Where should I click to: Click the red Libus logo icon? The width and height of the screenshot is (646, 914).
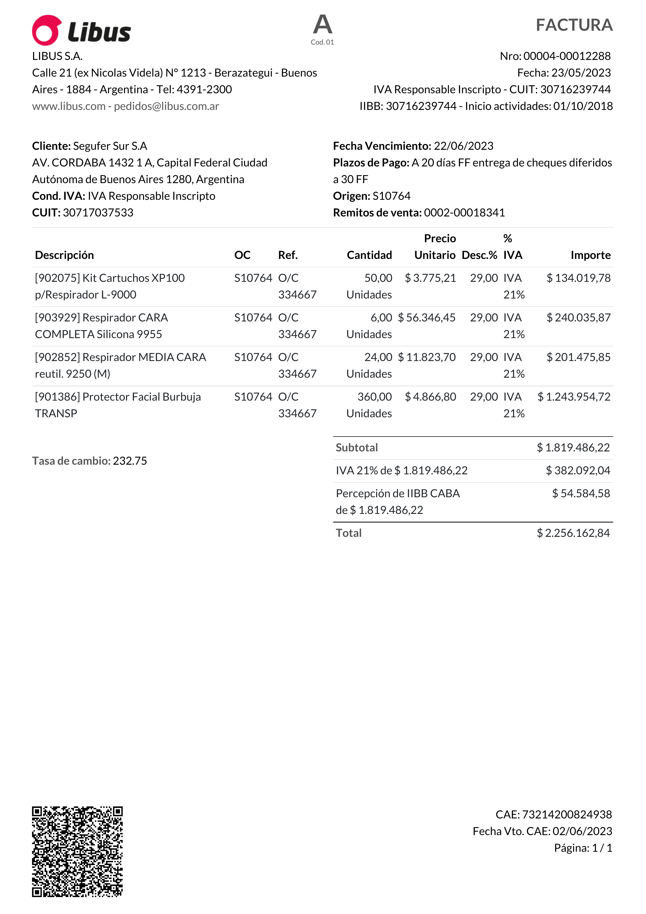coord(47,30)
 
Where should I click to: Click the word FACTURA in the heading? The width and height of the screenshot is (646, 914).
coord(574,25)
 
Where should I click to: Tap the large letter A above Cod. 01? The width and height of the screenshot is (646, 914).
coord(322,25)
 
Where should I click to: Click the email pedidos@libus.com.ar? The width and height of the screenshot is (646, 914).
coord(166,106)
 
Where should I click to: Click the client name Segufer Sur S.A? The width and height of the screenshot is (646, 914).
coord(110,146)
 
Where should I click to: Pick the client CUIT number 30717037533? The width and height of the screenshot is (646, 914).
coord(98,213)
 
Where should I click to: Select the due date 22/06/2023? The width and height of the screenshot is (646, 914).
coord(463,146)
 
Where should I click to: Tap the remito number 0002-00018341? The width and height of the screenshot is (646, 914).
coord(464,213)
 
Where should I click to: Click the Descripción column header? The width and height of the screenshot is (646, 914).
coord(65,255)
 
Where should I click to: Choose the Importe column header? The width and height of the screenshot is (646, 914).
coord(590,255)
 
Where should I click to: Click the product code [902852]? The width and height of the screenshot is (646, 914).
coord(58,357)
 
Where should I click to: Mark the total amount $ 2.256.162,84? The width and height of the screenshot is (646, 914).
coord(573,533)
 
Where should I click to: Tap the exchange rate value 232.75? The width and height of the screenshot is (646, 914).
coord(130,461)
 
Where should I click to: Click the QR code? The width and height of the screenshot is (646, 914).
coord(77,851)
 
